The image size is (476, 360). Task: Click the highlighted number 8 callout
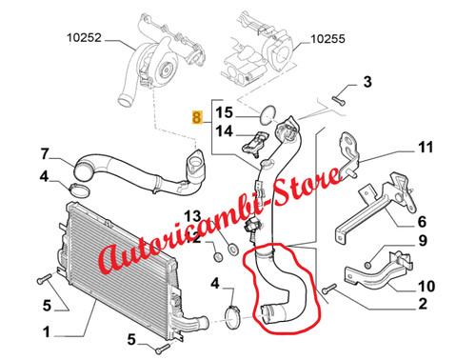click(197, 117)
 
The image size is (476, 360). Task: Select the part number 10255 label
click(327, 39)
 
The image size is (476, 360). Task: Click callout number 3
click(367, 82)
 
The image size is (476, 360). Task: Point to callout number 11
click(426, 148)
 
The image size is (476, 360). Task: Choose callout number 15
click(224, 112)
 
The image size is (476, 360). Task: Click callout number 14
click(224, 130)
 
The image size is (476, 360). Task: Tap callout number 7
click(45, 154)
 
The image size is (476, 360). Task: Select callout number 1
click(47, 332)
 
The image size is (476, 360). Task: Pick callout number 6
click(422, 222)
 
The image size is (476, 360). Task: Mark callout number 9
click(423, 240)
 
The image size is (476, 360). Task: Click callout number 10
click(426, 286)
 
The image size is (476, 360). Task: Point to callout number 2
click(423, 304)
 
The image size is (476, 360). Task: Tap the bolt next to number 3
click(339, 100)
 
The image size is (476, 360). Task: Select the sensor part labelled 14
click(255, 144)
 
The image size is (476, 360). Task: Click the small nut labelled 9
click(367, 265)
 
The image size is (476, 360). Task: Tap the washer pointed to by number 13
click(233, 248)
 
